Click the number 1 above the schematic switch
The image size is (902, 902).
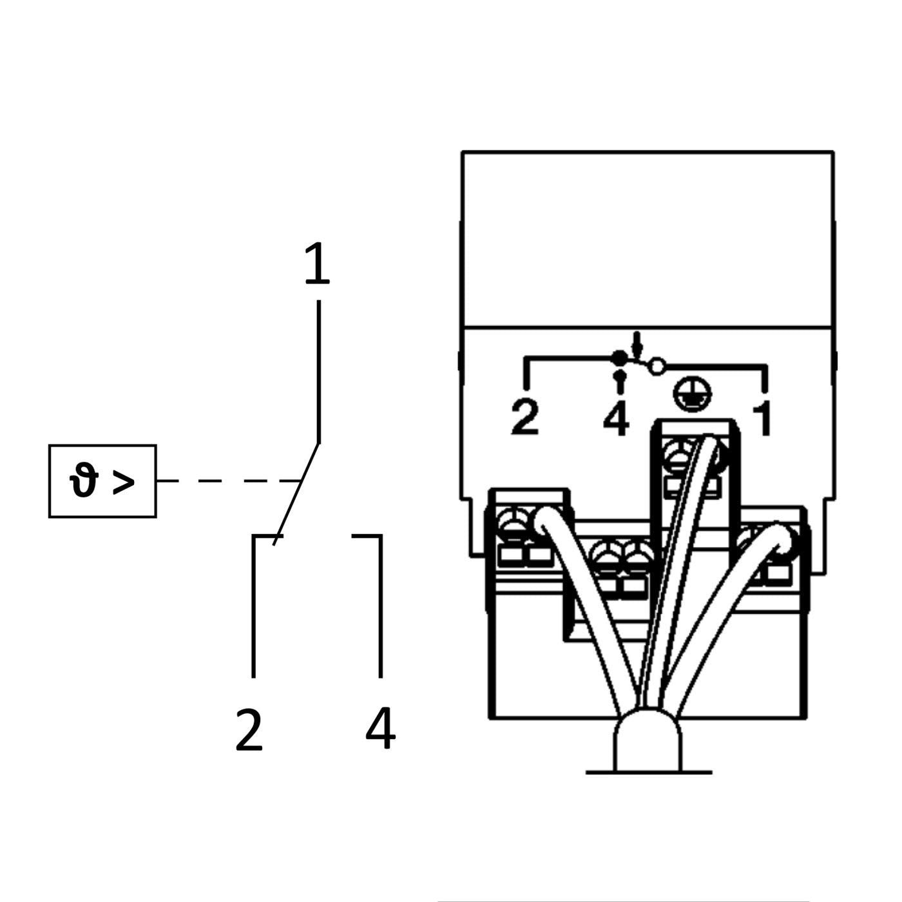[318, 263]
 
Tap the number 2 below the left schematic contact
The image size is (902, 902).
[249, 730]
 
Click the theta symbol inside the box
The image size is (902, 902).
[84, 480]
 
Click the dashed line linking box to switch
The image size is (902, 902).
[229, 481]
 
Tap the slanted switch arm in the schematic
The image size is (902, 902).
[296, 494]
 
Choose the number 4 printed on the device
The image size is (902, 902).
[616, 419]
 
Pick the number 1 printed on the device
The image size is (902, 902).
[762, 419]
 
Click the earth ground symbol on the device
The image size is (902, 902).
[693, 394]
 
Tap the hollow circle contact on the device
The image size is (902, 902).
[658, 366]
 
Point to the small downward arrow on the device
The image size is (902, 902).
[636, 343]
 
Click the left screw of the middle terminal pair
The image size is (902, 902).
[607, 558]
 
